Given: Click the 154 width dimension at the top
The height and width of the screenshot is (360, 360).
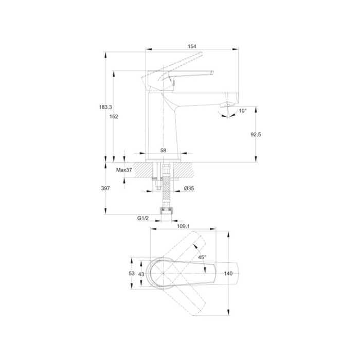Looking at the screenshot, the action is coord(192,46).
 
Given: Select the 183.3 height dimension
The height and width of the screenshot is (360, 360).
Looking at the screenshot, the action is coord(105,107).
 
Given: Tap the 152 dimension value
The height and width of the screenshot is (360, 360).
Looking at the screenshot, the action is coord(114,117).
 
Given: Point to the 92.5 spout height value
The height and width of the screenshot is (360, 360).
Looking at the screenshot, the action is coord(256,135).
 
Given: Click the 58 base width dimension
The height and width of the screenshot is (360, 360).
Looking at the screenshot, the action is coord(163,151).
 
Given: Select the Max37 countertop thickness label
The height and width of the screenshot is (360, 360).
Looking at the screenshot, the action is coord(124,170).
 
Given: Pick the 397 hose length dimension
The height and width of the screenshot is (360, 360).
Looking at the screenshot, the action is coord(105,189).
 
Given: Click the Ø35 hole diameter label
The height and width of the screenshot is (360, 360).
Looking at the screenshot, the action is coord(189,189).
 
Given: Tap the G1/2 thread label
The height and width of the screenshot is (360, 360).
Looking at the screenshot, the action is coord(143,218).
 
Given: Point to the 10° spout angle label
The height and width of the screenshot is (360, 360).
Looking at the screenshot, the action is coord(242,111).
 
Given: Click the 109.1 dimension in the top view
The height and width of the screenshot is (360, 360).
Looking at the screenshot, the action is coord(183,226).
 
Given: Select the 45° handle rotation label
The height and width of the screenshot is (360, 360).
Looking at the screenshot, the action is coord(202,257).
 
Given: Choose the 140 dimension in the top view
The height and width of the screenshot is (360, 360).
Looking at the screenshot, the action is coord(228,274).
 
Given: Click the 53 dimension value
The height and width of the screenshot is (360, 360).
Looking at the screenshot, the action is coord(132,274).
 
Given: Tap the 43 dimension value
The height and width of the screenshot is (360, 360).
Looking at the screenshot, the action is coord(141,274).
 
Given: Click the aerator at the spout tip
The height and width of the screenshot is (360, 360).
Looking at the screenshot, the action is coord(227,105).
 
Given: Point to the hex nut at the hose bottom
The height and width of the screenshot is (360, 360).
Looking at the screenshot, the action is coord(166,210).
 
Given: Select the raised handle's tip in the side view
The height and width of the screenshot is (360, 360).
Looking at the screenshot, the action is coord(201,53).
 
